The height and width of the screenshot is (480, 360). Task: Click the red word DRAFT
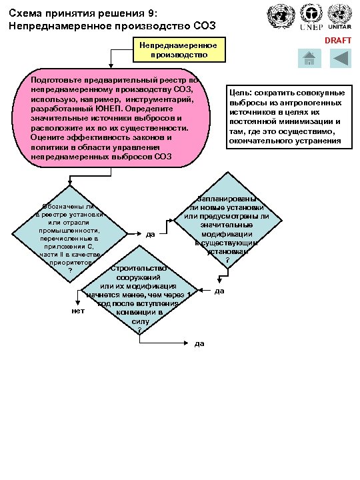(337, 41)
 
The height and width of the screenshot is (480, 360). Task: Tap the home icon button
(308, 59)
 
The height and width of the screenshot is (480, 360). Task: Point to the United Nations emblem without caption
(279, 16)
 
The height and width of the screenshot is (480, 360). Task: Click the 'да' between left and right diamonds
(151, 234)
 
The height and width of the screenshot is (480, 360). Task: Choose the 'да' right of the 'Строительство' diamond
(218, 291)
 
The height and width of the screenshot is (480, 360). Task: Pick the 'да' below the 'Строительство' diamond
(199, 343)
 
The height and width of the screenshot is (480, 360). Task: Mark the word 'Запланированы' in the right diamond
(227, 199)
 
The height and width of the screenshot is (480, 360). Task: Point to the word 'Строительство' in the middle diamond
(138, 269)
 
